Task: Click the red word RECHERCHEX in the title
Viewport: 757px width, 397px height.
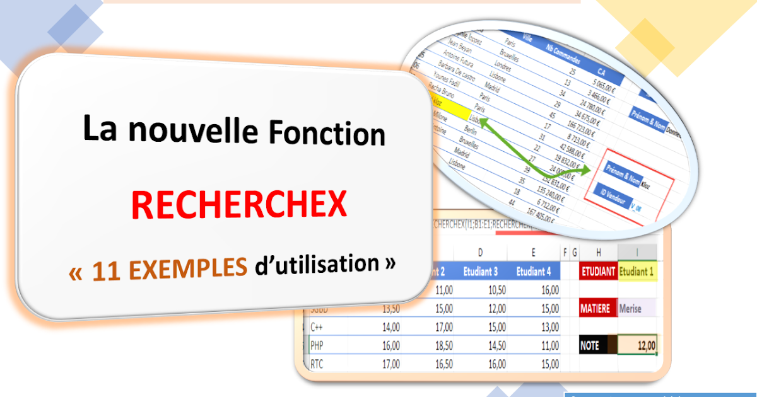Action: (239, 206)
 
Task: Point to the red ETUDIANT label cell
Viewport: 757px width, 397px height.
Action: (598, 272)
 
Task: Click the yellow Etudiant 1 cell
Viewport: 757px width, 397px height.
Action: (637, 272)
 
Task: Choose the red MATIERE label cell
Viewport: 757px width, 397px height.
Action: (596, 309)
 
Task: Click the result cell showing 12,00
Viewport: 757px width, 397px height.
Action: (637, 345)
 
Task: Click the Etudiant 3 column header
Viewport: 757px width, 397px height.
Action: (480, 272)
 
